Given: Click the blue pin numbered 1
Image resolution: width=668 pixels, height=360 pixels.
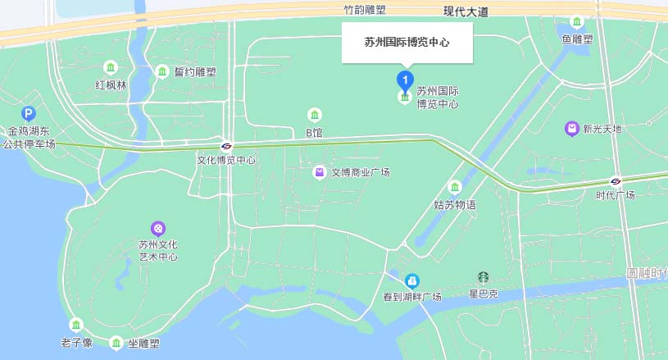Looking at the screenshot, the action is pyautogui.click(x=405, y=80).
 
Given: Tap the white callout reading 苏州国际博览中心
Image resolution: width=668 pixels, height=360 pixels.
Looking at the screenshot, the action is pyautogui.click(x=407, y=42).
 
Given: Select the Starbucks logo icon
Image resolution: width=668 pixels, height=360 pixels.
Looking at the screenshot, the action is pyautogui.click(x=484, y=279).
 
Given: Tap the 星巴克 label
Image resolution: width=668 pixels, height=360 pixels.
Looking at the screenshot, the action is pyautogui.click(x=484, y=294).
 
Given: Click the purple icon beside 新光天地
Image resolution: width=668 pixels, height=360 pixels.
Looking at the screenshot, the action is pyautogui.click(x=571, y=129).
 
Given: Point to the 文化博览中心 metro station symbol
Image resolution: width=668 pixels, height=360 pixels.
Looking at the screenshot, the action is pyautogui.click(x=227, y=146).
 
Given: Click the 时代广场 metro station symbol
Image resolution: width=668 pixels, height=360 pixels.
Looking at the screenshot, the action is pyautogui.click(x=616, y=181).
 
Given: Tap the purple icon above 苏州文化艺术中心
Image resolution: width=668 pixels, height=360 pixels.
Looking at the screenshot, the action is pyautogui.click(x=158, y=228).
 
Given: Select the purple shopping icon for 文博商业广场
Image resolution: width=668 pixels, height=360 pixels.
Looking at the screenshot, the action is pyautogui.click(x=320, y=172).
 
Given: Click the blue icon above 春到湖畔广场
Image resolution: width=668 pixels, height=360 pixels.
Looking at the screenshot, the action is pyautogui.click(x=412, y=281).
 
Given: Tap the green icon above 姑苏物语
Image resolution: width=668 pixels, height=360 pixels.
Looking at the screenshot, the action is pyautogui.click(x=455, y=188).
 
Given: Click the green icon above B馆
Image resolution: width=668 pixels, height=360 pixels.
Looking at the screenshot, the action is pyautogui.click(x=314, y=115).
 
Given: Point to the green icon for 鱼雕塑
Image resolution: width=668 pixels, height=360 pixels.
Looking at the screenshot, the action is pyautogui.click(x=577, y=21).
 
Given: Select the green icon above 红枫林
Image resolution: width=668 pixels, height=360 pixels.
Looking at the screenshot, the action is pyautogui.click(x=110, y=67).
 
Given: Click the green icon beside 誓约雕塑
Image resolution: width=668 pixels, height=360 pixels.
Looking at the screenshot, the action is pyautogui.click(x=162, y=71).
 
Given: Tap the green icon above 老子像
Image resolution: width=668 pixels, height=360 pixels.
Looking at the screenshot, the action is pyautogui.click(x=76, y=326).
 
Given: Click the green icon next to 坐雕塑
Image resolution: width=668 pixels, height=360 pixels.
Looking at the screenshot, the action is pyautogui.click(x=116, y=344).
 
